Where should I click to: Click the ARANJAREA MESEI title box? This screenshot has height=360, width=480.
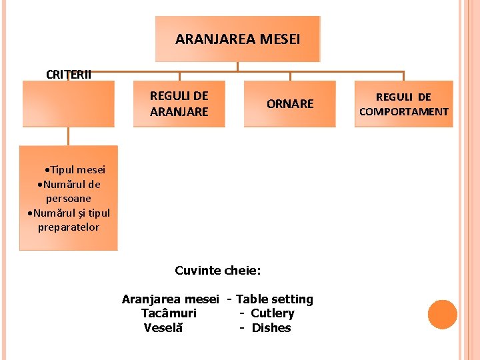[x=238, y=39]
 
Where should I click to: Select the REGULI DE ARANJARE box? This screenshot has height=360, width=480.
[x=179, y=104]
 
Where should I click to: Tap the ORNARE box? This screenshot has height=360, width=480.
[x=290, y=104]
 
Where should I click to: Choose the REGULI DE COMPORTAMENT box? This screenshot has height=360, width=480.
[x=404, y=104]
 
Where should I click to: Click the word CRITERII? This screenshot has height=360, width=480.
[x=69, y=74]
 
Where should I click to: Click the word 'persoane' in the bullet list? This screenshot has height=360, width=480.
[x=69, y=199]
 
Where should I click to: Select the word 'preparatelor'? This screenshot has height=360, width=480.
[x=69, y=227]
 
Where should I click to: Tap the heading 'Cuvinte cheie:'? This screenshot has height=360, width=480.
[x=218, y=270]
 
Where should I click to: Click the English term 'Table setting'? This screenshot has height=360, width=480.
[x=275, y=299]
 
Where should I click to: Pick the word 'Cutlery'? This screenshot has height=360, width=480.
[x=272, y=313]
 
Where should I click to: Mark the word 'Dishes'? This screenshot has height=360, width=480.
[x=271, y=327]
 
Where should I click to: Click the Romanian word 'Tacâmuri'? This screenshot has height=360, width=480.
[x=169, y=313]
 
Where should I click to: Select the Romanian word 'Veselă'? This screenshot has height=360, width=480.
[x=163, y=327]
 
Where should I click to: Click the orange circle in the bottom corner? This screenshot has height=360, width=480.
[x=442, y=314]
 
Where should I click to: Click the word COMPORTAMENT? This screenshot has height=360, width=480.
[x=404, y=111]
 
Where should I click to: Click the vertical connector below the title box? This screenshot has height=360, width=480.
[x=238, y=67]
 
